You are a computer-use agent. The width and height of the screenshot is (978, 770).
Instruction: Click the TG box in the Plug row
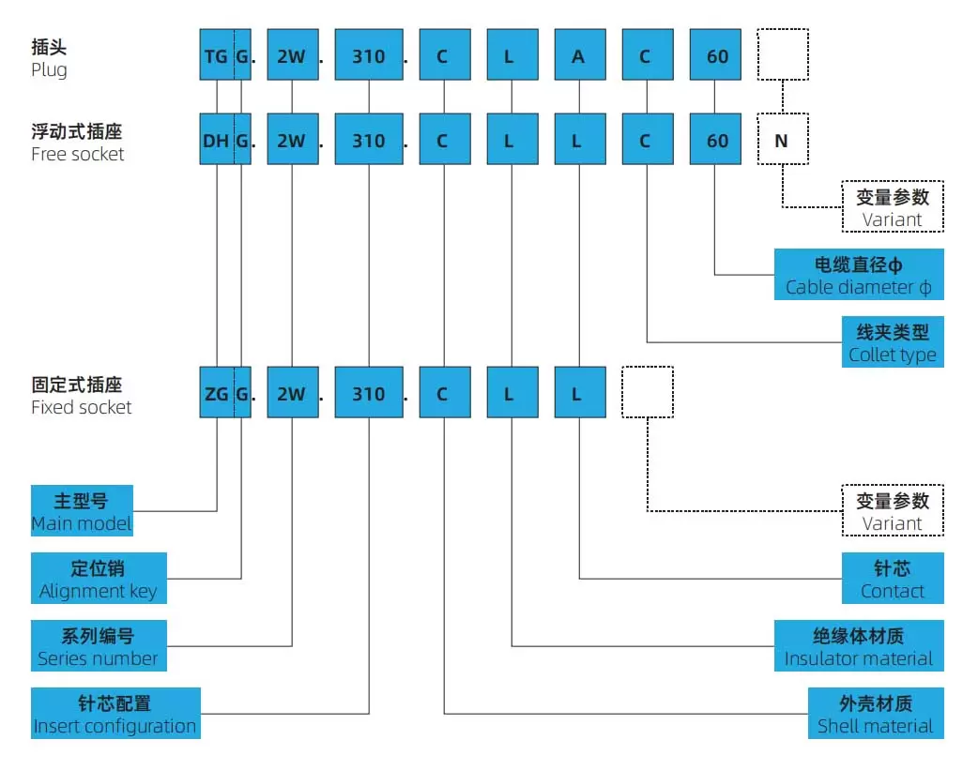216,56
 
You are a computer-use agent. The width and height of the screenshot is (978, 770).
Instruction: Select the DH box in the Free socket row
216,141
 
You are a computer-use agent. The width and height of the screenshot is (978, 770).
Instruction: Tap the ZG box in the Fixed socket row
216,394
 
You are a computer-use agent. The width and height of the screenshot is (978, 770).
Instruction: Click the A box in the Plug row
578,56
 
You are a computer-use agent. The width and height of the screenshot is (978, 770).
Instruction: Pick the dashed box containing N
782,141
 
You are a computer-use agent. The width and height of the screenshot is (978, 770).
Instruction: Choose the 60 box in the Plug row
717,56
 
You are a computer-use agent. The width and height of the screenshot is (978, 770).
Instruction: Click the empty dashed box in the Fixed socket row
648,392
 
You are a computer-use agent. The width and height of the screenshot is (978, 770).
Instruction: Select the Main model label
82,511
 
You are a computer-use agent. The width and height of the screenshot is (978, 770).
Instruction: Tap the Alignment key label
99,579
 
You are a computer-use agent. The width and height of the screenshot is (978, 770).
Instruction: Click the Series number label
99,646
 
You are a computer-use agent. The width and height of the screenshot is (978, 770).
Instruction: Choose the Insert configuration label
115,714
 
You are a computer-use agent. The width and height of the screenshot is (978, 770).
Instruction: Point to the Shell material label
876,714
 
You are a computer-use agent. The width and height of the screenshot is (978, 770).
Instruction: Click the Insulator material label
859,646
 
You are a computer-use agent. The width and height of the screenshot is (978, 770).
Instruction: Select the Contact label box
893,579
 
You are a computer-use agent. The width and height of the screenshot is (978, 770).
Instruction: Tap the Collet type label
893,342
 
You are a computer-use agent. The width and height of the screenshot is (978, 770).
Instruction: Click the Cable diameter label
859,275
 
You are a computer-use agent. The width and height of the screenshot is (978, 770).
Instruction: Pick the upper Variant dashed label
893,207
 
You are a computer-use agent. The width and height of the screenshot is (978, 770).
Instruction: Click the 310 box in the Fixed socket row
369,394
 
